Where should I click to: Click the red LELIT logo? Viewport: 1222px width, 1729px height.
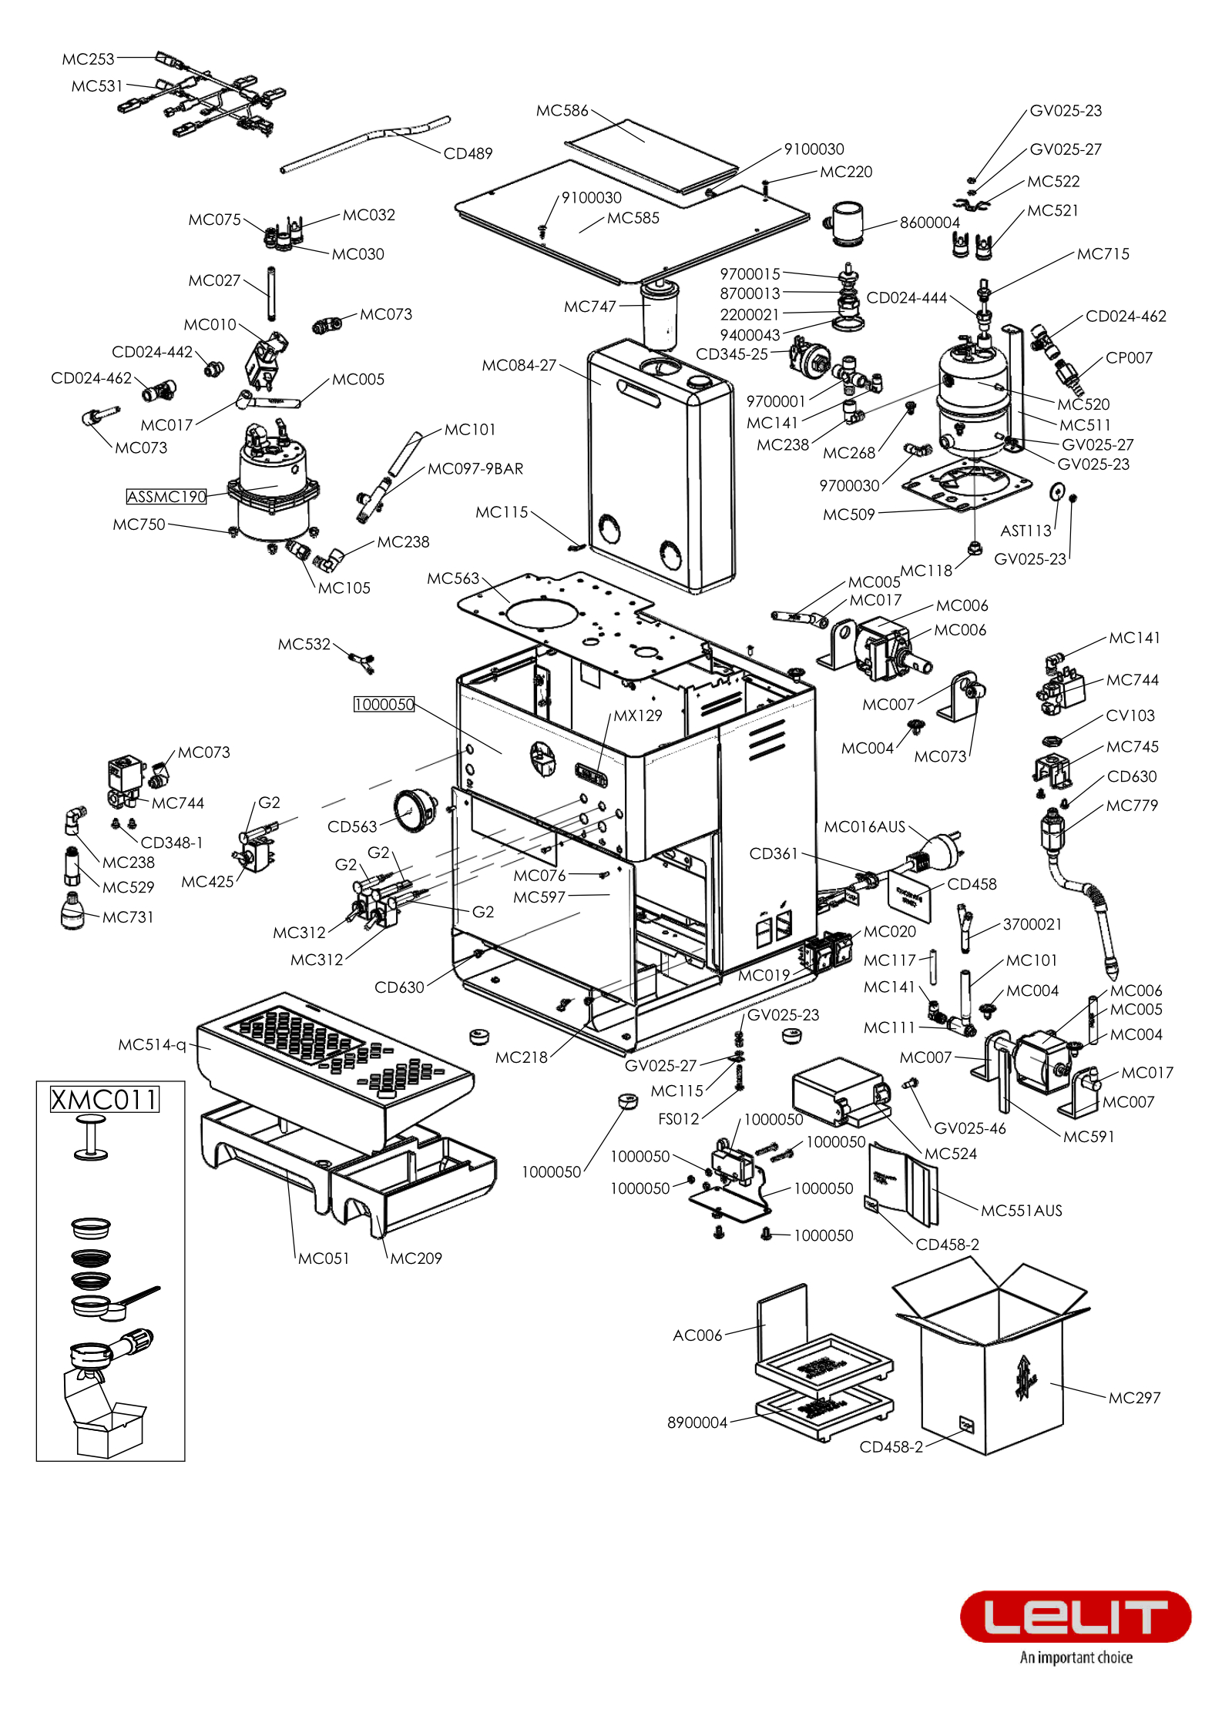[1075, 1616]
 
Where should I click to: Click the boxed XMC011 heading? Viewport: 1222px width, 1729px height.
[104, 1099]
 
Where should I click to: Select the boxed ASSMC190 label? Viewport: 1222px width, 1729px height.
[166, 497]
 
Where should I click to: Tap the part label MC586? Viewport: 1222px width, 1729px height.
[562, 110]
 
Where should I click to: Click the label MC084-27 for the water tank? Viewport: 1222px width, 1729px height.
[519, 365]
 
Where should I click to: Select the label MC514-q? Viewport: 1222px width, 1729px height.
[152, 1044]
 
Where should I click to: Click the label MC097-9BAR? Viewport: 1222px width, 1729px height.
[475, 468]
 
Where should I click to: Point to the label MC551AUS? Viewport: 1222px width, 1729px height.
[1021, 1210]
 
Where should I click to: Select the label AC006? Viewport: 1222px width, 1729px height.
[697, 1335]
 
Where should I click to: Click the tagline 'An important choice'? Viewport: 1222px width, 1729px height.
[1076, 1657]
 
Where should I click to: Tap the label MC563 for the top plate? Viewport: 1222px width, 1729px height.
[453, 578]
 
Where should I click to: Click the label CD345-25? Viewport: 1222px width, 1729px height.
[731, 354]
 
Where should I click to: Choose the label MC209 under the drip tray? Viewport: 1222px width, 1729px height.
[415, 1258]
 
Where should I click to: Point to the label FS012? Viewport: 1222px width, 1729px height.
[678, 1117]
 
